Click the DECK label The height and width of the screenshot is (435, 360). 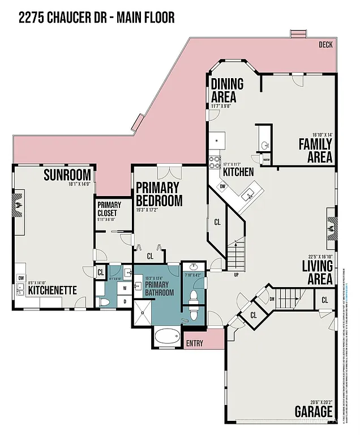coord(325,45)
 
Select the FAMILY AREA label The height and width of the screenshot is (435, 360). coord(315,150)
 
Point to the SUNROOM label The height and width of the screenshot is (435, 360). coord(67,174)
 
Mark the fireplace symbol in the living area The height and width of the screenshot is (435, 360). coord(332,225)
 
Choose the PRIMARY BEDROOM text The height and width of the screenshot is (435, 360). coord(158,194)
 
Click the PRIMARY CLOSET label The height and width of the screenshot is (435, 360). coord(109,209)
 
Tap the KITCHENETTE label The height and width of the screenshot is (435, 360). coord(52,290)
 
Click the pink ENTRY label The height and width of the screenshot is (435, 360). coord(194,343)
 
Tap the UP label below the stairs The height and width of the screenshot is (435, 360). coord(236,275)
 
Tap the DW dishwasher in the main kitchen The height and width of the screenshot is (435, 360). coord(222,186)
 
